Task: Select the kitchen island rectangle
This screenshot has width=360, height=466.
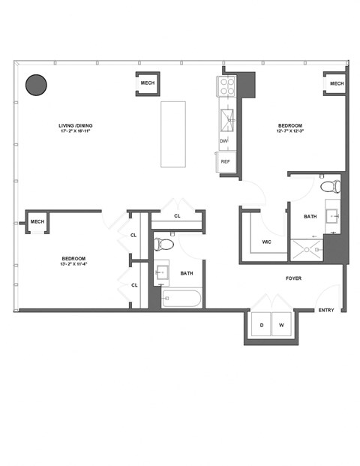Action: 173,134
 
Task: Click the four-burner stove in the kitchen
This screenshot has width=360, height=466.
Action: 227,88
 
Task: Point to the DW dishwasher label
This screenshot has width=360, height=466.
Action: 223,141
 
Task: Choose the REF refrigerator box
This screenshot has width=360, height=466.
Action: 225,161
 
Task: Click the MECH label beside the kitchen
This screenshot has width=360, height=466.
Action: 148,83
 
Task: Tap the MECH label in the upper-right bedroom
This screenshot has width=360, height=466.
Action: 336,83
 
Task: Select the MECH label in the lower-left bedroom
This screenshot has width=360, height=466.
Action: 37,222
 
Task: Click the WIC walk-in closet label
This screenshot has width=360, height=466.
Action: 267,242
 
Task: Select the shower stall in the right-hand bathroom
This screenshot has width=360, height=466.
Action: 307,249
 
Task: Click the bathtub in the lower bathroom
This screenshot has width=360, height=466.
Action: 182,299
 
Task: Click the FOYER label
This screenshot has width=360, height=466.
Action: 294,278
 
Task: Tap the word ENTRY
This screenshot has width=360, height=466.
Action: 326,310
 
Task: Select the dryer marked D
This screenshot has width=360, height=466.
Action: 262,325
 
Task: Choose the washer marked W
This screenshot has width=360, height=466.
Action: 280,325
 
